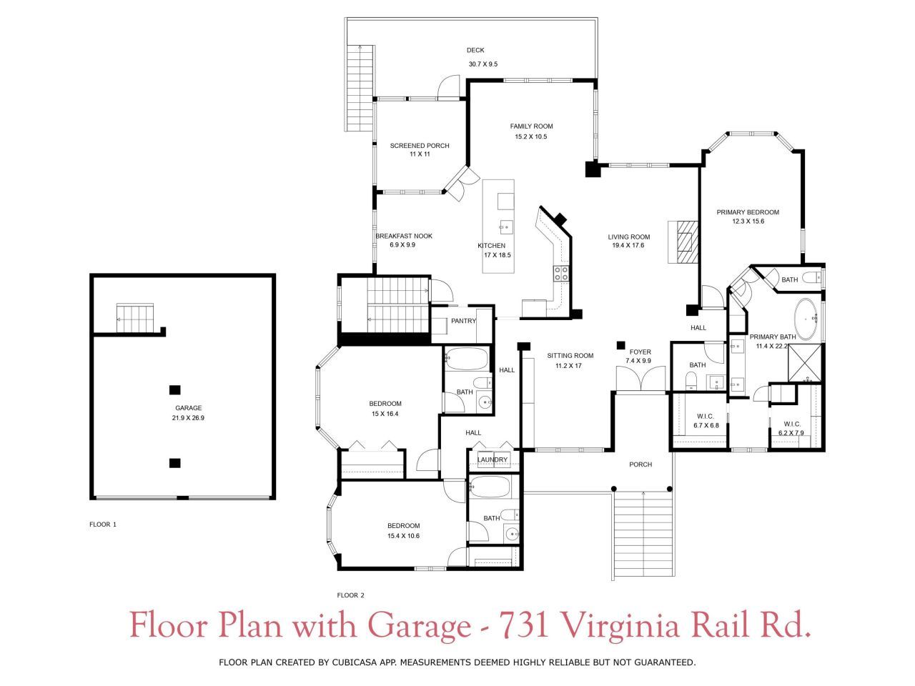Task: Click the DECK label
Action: (475, 50)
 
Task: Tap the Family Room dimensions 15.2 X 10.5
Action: (530, 136)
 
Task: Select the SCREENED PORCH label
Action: (420, 146)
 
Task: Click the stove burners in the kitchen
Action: (561, 272)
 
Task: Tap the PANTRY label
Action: (463, 321)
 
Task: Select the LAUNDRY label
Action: (493, 459)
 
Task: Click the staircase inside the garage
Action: (136, 318)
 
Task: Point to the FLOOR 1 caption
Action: (102, 525)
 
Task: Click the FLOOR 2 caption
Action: (351, 595)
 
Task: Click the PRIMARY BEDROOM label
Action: (748, 212)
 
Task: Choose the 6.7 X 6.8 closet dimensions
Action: (706, 426)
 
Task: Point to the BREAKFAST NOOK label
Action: (404, 236)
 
